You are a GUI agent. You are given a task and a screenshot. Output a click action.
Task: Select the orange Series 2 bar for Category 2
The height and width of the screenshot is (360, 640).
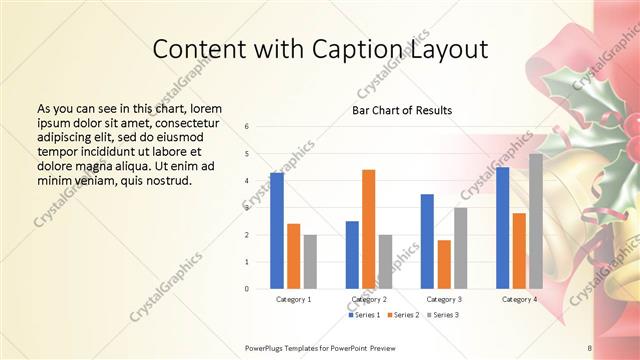point(368,229)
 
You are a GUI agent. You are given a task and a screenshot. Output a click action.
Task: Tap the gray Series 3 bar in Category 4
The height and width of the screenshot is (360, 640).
point(536,221)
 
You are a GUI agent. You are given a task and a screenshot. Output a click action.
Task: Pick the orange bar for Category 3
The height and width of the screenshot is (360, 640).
point(444,264)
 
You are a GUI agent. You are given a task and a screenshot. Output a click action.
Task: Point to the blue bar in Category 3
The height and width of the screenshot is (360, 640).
point(427,241)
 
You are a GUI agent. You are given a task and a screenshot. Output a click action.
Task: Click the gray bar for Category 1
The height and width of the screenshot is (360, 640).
point(310,261)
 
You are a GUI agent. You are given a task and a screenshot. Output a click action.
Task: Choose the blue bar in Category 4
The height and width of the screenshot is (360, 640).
point(502,228)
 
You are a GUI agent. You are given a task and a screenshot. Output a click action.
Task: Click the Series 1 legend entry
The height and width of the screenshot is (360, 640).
point(365,315)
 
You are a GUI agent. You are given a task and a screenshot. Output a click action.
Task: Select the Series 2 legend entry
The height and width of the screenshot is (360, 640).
point(403,315)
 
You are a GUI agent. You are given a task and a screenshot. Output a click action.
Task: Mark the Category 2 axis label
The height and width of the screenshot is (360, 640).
point(369,299)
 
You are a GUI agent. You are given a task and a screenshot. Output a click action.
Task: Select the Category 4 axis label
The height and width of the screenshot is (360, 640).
point(519,299)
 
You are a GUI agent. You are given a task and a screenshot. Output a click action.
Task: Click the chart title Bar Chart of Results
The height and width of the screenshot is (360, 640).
point(402,110)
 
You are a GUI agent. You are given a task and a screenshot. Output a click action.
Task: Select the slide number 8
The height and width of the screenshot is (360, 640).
point(590,347)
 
